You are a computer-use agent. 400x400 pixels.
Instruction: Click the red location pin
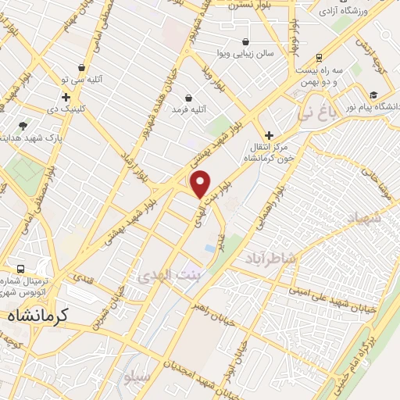[201, 183]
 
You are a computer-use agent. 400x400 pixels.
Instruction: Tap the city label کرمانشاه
[38, 315]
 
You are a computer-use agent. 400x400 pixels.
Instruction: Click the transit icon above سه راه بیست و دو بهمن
[319, 58]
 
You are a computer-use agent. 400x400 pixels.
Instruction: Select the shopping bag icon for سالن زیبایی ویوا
[246, 42]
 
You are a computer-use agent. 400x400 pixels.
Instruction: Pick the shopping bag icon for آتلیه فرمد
[188, 98]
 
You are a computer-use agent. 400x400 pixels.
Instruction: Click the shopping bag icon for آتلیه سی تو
[82, 68]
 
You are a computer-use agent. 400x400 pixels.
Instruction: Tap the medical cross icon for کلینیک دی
[66, 97]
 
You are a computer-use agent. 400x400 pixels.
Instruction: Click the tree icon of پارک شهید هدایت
[23, 125]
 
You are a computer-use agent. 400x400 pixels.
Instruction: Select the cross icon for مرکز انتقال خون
[270, 135]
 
